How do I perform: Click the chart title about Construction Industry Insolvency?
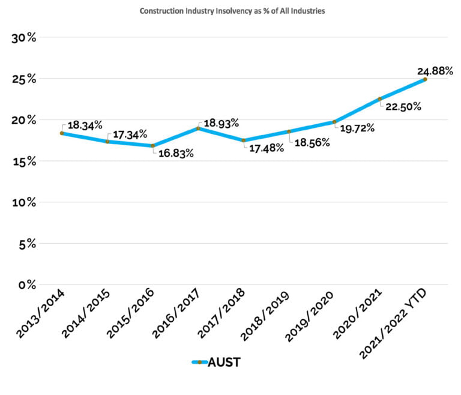tap(232, 11)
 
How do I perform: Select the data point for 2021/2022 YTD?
tap(425, 79)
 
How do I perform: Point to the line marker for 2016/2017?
tap(198, 128)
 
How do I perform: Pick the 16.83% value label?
tap(176, 154)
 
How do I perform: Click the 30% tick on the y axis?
tap(25, 38)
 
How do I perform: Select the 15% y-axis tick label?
tap(25, 161)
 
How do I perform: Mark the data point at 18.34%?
tap(61, 133)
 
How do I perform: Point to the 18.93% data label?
tap(221, 124)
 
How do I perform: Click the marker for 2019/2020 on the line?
tap(334, 122)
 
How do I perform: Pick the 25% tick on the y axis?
tap(25, 79)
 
